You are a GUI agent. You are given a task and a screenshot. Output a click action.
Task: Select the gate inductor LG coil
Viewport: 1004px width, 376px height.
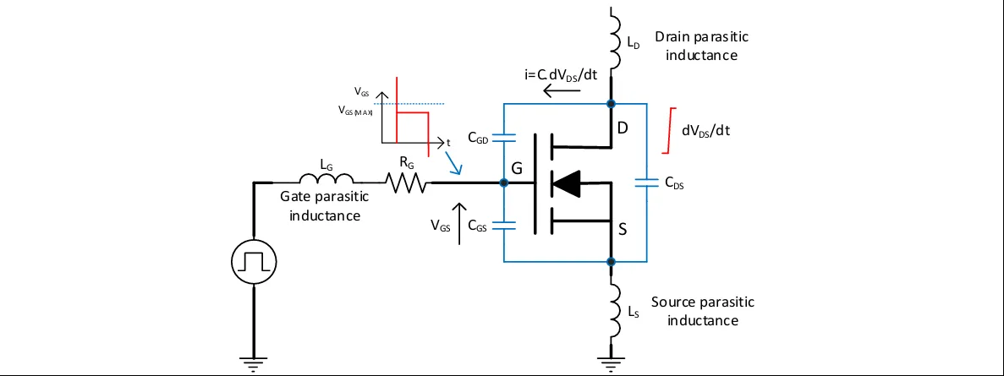click(x=328, y=179)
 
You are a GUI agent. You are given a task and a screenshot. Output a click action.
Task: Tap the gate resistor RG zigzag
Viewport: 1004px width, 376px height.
click(x=407, y=182)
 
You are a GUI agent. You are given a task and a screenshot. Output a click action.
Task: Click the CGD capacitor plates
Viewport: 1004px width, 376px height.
click(x=503, y=135)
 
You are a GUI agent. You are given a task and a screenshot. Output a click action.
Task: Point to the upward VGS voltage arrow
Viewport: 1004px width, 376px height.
click(x=459, y=223)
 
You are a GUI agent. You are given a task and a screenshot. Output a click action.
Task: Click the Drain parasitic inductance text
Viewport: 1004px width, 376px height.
click(x=701, y=46)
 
